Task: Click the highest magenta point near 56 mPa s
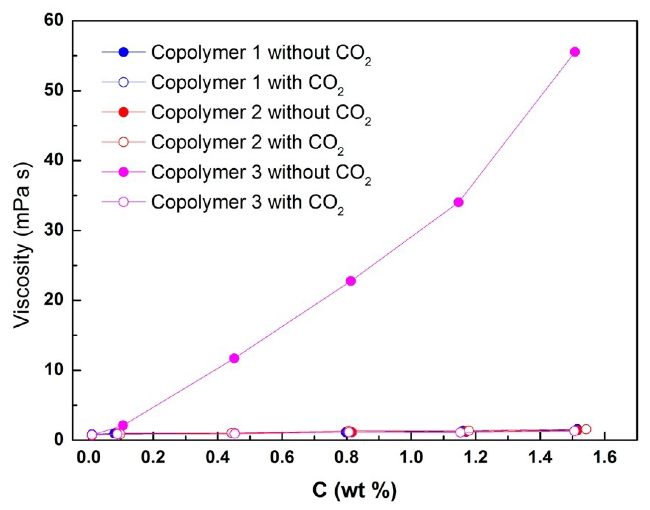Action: pyautogui.click(x=574, y=52)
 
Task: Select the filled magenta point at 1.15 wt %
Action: pyautogui.click(x=458, y=202)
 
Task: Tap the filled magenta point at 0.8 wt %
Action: pyautogui.click(x=351, y=281)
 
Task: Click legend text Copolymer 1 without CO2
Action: pyautogui.click(x=261, y=53)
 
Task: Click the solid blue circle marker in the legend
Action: pyautogui.click(x=124, y=52)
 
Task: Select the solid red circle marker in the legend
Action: pyautogui.click(x=124, y=112)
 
